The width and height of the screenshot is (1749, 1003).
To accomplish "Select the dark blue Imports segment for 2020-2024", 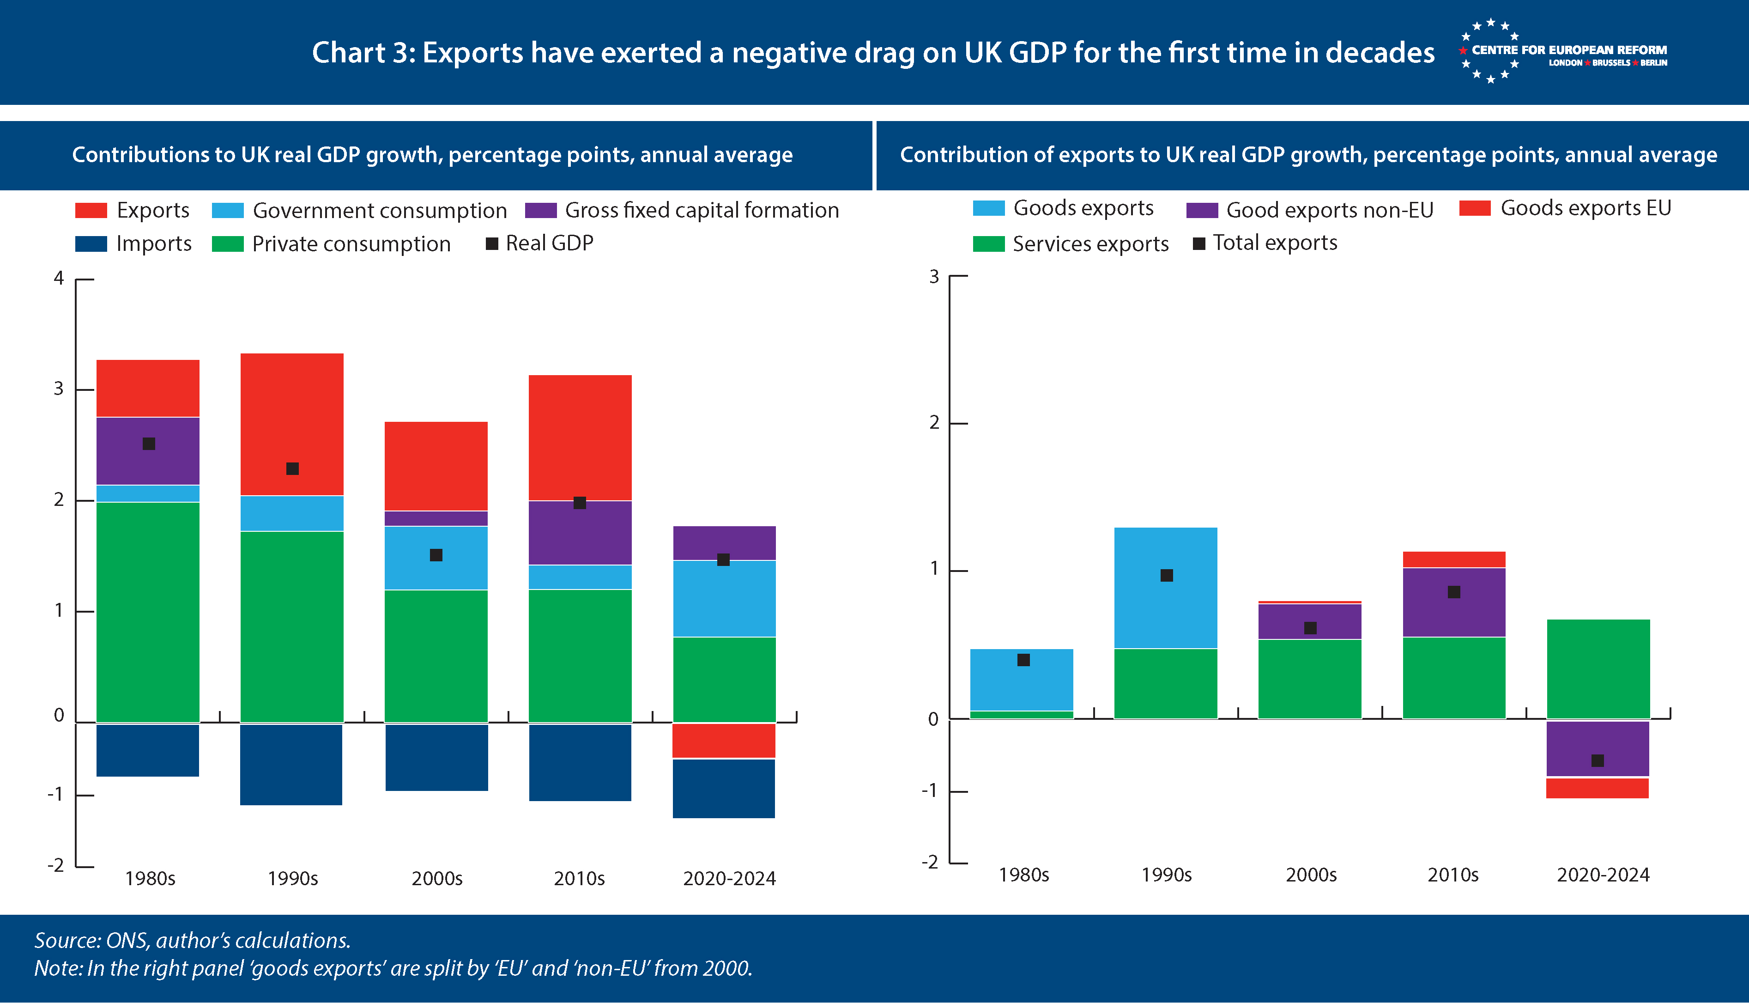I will click(x=724, y=788).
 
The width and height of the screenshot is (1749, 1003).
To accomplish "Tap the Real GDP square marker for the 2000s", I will click(x=436, y=555).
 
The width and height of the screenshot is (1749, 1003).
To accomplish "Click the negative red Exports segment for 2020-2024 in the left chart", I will click(x=724, y=741).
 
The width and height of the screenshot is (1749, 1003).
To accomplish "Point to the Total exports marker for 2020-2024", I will click(x=1598, y=760).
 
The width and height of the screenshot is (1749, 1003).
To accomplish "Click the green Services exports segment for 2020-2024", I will click(x=1598, y=668).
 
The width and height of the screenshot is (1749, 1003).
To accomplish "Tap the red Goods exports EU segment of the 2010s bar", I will click(x=1453, y=559).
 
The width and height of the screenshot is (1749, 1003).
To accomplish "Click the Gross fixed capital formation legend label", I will click(x=701, y=210).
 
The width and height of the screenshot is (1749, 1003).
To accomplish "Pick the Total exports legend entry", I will click(x=1274, y=243).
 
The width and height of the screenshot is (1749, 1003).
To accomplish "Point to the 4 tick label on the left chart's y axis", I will click(x=59, y=278).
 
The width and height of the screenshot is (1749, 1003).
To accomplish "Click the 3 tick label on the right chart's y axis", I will click(x=934, y=277).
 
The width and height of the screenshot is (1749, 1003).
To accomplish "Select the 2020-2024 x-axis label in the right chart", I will click(x=1603, y=875).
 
